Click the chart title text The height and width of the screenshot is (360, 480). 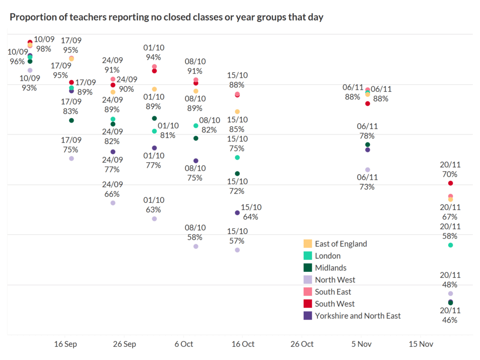click(166, 18)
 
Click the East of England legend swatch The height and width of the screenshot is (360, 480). click(308, 244)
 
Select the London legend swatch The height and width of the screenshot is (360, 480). click(308, 256)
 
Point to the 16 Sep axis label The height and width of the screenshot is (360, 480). click(66, 344)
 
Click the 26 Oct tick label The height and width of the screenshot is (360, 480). click(302, 344)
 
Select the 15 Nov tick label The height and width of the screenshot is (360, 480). click(420, 344)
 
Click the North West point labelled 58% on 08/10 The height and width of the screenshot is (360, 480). click(196, 246)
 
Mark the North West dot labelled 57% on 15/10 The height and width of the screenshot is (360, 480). click(237, 250)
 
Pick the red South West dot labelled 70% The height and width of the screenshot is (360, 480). click(450, 183)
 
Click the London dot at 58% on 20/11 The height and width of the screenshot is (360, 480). click(450, 245)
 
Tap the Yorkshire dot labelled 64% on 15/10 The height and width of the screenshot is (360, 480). click(237, 213)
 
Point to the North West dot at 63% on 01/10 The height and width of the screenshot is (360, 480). click(155, 218)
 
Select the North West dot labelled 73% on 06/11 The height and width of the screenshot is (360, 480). click(367, 170)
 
